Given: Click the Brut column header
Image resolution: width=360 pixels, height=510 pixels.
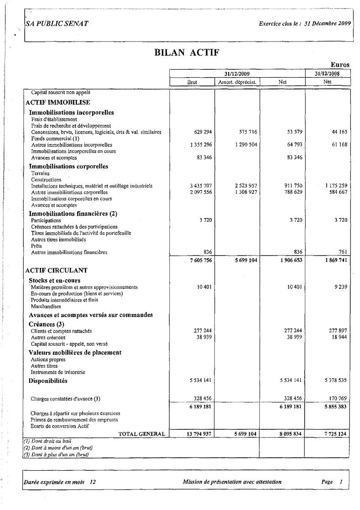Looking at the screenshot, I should coord(192,83).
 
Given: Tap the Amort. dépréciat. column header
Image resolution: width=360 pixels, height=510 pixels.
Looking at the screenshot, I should coord(237,83).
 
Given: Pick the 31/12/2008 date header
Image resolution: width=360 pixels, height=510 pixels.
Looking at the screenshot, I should coord(327,73).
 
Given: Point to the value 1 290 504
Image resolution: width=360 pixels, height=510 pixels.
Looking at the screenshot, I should coord(244,145).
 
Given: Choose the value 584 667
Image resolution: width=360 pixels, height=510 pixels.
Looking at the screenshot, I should coord(336,192).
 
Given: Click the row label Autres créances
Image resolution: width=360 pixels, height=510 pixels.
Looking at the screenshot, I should coord(48,338).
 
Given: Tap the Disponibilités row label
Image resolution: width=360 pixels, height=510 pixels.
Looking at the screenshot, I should coord(48,380).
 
